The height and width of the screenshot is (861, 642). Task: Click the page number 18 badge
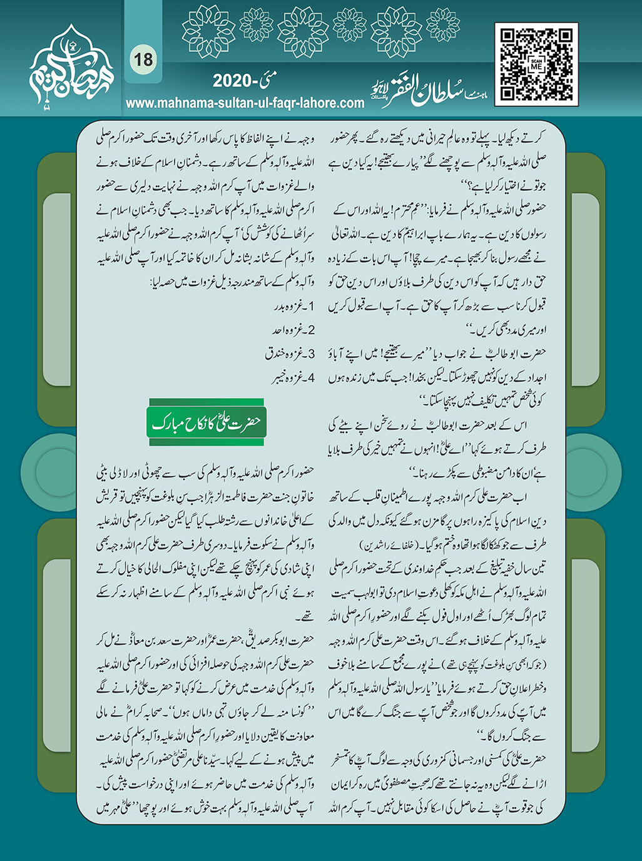143,59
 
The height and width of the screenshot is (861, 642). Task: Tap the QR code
536,64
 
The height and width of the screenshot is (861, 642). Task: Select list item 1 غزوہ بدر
294,307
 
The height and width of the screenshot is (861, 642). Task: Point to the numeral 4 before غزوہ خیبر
311,377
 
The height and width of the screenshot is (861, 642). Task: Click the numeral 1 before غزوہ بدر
311,307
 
